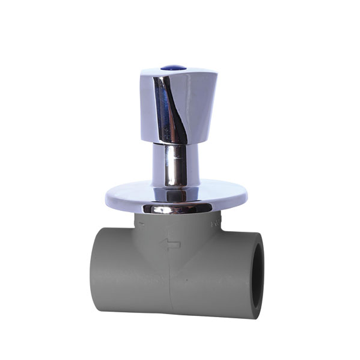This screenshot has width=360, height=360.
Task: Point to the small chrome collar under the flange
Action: (x=177, y=209)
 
